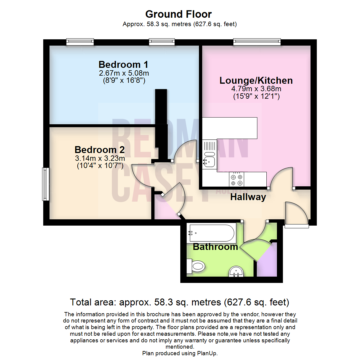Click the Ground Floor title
[178, 14]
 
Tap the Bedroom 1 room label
[123, 64]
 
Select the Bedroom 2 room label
[99, 149]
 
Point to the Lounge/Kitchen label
[256, 80]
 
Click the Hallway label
[248, 197]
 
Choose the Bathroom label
[215, 247]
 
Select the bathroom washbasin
[237, 272]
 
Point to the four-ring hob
[237, 179]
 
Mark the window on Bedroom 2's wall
[46, 184]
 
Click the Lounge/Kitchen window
[257, 42]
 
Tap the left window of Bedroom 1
[80, 42]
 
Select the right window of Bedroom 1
[162, 42]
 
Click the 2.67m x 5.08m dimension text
[123, 73]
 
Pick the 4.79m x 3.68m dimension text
[256, 89]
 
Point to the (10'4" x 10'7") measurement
[99, 165]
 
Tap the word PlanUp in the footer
[209, 353]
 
